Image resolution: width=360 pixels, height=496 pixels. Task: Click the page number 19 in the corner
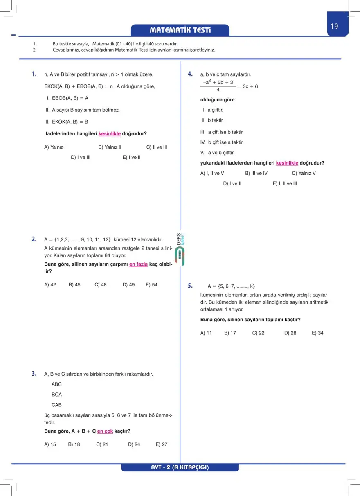(x=334, y=27)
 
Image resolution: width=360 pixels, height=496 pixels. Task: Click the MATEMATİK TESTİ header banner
(x=180, y=30)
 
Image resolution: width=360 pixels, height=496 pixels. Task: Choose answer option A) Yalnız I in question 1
(x=55, y=147)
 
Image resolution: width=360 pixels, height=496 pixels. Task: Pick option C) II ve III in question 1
(x=157, y=147)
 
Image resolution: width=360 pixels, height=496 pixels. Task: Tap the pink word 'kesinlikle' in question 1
(x=110, y=133)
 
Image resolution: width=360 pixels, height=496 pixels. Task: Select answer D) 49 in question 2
(x=128, y=284)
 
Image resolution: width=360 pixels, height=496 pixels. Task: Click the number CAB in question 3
(x=56, y=405)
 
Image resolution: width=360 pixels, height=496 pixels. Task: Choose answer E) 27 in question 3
(x=162, y=444)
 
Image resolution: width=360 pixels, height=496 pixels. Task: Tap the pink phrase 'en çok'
(x=105, y=431)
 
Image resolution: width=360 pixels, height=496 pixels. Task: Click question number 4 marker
(x=190, y=74)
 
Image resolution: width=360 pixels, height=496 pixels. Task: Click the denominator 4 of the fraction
(x=218, y=90)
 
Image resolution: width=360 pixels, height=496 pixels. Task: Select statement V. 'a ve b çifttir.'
(x=217, y=153)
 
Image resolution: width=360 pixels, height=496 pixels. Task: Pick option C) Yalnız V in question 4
(x=304, y=173)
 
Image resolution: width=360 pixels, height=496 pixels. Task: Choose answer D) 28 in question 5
(x=290, y=333)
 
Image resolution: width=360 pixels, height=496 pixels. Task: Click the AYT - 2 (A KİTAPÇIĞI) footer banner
(x=180, y=467)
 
